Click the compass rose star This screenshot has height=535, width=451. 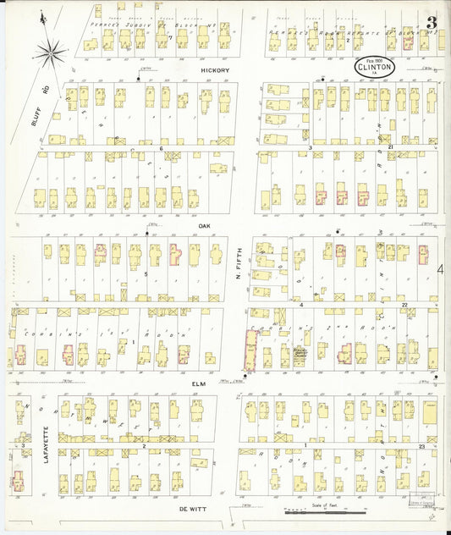(52, 52)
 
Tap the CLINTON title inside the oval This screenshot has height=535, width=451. (370, 64)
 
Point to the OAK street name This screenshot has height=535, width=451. (203, 226)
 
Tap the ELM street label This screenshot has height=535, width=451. (199, 383)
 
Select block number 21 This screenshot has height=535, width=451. (390, 147)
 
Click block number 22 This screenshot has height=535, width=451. (404, 304)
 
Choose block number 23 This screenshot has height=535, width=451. (421, 444)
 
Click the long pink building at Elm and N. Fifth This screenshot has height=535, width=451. (250, 350)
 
